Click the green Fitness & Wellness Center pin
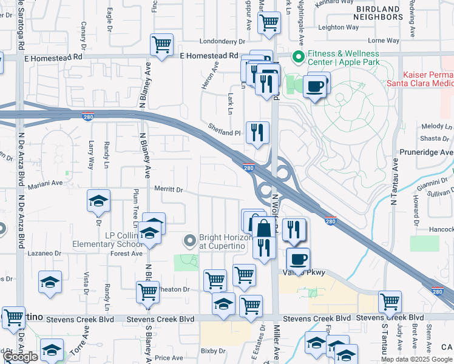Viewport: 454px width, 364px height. click(x=298, y=58)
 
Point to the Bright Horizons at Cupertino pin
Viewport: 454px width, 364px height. click(x=191, y=241)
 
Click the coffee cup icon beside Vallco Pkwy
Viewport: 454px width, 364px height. click(x=297, y=259)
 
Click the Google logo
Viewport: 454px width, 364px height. click(x=21, y=357)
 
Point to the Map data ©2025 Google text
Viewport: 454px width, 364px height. click(x=417, y=359)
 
